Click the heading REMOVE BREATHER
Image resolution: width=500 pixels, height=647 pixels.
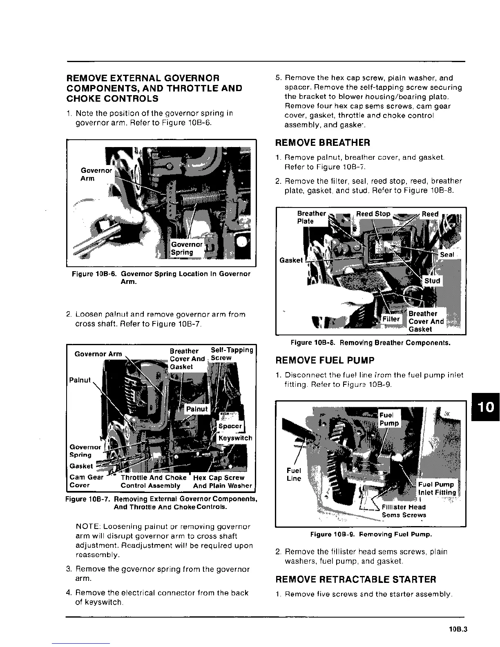pos(323,143)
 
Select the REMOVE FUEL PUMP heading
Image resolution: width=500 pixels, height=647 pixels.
pos(325,360)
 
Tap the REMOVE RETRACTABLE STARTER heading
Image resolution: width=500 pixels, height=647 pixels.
pos(356,580)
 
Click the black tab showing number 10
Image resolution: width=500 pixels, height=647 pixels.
pos(486,406)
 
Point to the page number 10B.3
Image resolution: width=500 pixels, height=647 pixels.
pos(457,629)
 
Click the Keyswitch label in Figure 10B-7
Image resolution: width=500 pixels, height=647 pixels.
pos(235,438)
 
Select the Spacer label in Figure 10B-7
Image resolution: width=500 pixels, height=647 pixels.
pos(230,426)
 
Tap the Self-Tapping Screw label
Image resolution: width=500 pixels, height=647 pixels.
pos(232,354)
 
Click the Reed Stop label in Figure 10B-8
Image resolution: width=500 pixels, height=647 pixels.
pos(373,214)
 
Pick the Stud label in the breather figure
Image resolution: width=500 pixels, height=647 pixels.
pos(432,281)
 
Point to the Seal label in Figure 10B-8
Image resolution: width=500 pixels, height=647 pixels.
pos(447,254)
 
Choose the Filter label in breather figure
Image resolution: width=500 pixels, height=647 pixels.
pos(391,319)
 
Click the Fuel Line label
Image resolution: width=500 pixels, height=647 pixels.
pos(294,474)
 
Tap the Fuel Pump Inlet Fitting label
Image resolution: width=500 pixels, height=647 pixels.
pos(436,489)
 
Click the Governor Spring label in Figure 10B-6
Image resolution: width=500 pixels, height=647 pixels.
pos(187,248)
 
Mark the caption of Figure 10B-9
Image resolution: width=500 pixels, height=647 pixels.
pos(371,534)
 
